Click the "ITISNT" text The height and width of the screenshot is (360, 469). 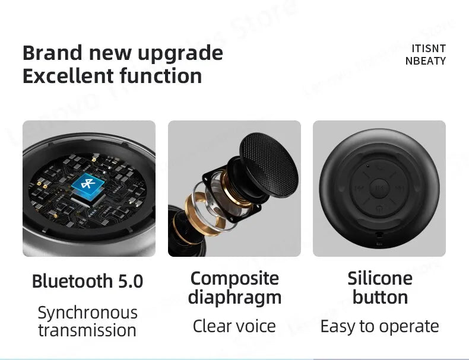click(428, 49)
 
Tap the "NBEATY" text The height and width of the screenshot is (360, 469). click(426, 61)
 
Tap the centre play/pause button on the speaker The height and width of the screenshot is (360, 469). click(379, 189)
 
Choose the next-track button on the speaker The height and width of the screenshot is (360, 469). click(399, 189)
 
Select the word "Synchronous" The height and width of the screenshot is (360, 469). click(87, 312)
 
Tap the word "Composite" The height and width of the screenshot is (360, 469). click(235, 278)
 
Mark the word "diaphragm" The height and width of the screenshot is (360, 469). click(235, 297)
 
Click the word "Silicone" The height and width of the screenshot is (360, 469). click(379, 278)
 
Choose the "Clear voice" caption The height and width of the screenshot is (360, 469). click(235, 326)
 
